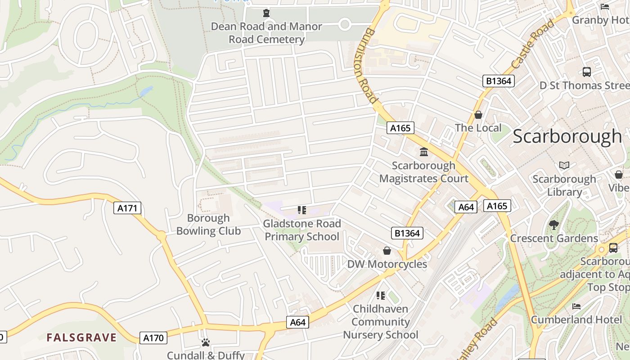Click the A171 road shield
(128, 208)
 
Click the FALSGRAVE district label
(81, 337)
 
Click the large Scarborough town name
(567, 136)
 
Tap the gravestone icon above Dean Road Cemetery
(266, 13)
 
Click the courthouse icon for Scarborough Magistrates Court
(423, 152)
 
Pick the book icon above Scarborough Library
(564, 165)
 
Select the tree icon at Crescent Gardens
(554, 225)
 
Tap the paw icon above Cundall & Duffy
(206, 342)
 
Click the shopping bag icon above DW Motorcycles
(387, 251)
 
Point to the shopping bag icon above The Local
(478, 115)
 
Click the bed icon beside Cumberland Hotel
(576, 306)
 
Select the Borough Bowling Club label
(208, 225)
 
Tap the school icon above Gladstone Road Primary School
(302, 210)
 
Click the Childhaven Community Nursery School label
(381, 322)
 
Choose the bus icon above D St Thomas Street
(586, 72)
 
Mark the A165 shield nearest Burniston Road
(400, 128)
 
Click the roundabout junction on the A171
(162, 235)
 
